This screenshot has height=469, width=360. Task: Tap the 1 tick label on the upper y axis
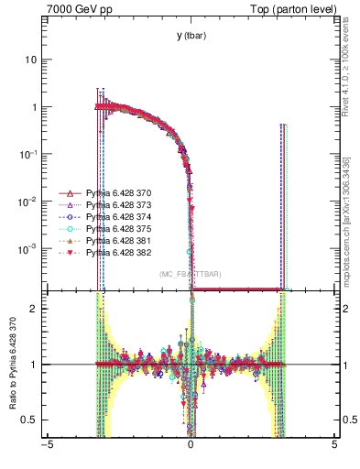(38, 107)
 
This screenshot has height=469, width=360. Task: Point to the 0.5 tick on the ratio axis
(33, 420)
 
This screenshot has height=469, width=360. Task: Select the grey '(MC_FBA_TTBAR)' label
(190, 274)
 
